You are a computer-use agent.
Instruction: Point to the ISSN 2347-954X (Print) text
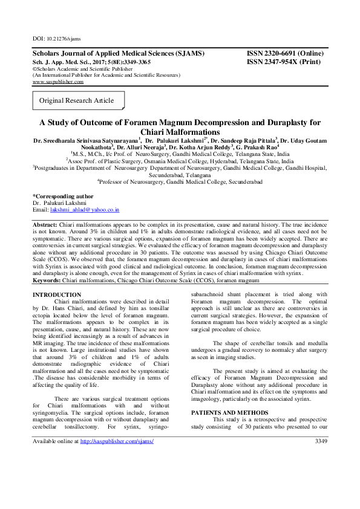285,62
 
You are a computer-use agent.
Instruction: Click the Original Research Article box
76,100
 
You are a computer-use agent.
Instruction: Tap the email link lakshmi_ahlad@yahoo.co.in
84,209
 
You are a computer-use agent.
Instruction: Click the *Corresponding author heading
62,196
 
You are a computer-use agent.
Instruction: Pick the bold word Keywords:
47,280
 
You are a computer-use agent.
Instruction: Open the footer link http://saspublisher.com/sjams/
117,441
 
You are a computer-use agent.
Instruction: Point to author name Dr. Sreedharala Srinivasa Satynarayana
84,140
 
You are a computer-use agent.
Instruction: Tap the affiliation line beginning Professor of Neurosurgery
180,181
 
